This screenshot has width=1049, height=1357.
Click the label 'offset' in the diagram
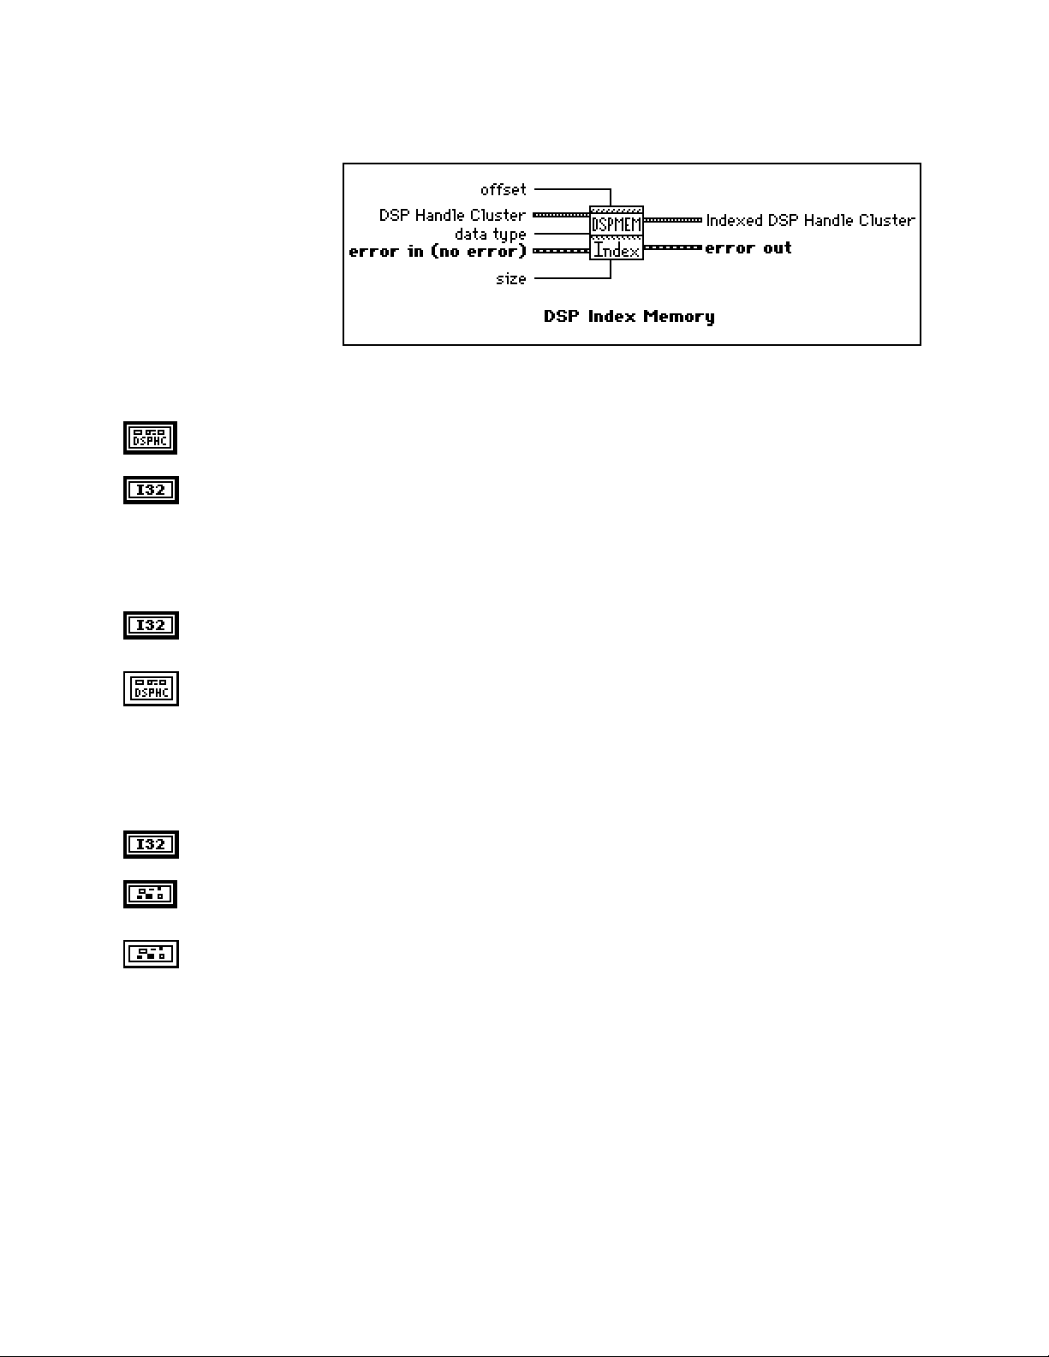pyautogui.click(x=503, y=189)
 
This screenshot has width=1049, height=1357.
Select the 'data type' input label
pyautogui.click(x=490, y=234)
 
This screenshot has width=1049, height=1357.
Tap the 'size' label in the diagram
pyautogui.click(x=510, y=278)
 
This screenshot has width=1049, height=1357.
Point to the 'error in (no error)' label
pyautogui.click(x=438, y=251)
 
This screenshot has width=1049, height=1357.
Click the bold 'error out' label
pyautogui.click(x=748, y=248)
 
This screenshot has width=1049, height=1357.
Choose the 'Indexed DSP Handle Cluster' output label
pyautogui.click(x=810, y=220)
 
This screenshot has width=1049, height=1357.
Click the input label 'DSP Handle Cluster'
pyautogui.click(x=452, y=215)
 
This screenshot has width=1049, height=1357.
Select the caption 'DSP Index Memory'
pyautogui.click(x=629, y=317)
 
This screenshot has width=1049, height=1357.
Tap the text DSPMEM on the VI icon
pyautogui.click(x=617, y=224)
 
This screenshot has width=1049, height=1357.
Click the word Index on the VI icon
pyautogui.click(x=617, y=251)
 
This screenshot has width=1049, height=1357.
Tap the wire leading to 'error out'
pyautogui.click(x=672, y=247)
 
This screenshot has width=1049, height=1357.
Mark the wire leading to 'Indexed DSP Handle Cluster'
pyautogui.click(x=672, y=220)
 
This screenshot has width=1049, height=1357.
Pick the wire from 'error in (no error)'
pyautogui.click(x=560, y=251)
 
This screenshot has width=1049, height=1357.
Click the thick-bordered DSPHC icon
pyautogui.click(x=151, y=437)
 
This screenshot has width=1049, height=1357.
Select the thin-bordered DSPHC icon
pyautogui.click(x=151, y=688)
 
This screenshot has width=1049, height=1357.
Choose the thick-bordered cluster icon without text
pyautogui.click(x=151, y=894)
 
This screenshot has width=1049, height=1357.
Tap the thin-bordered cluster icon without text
pyautogui.click(x=151, y=954)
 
